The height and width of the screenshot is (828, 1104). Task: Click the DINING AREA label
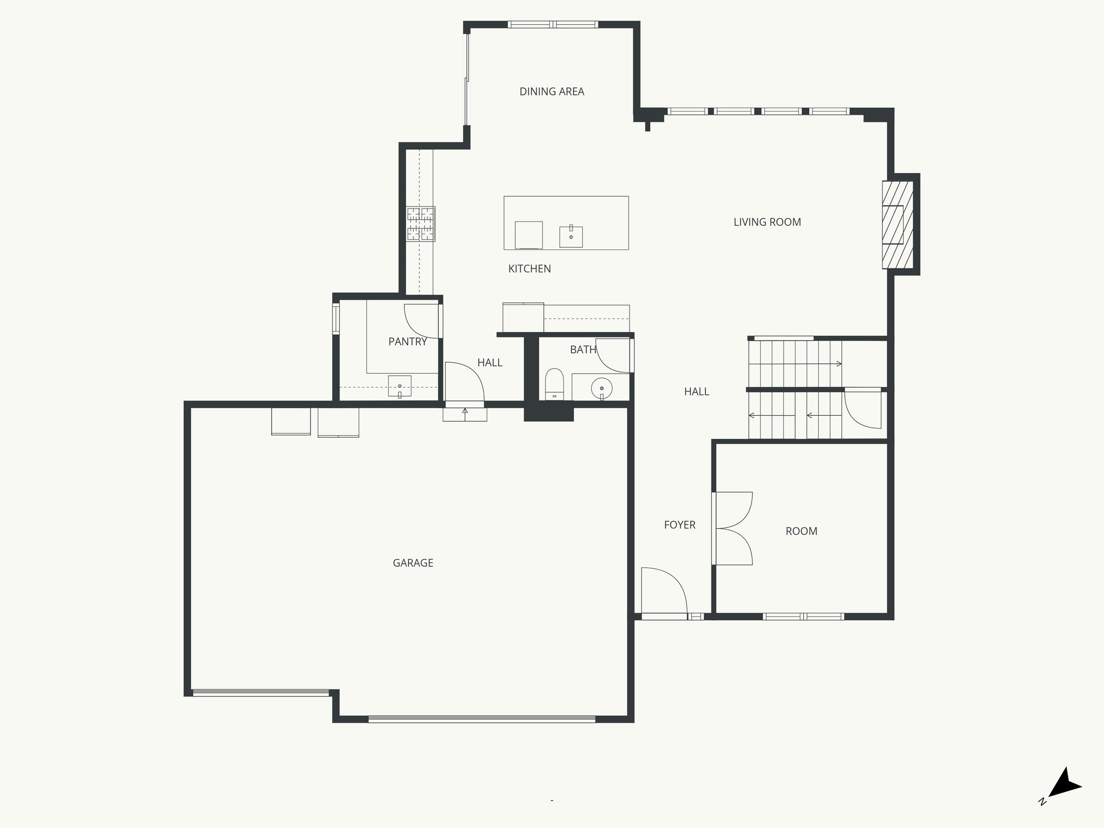551,92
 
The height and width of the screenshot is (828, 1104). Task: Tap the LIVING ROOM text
767,222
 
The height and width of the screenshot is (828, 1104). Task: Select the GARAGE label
413,563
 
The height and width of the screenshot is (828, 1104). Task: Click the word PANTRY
408,342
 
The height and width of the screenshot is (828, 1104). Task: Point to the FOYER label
679,525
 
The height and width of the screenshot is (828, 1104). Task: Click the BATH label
583,350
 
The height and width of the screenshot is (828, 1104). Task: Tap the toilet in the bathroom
554,384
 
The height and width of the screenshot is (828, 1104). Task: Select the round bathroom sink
602,388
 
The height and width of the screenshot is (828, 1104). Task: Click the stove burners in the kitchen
420,224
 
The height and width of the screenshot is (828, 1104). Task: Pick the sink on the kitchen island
571,237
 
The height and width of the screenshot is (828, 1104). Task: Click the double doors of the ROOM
733,528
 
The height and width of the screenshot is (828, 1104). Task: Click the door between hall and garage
464,383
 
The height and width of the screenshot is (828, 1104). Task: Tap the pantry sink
399,386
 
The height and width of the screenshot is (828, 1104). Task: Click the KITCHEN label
529,269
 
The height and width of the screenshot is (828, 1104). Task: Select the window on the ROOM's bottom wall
803,617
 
